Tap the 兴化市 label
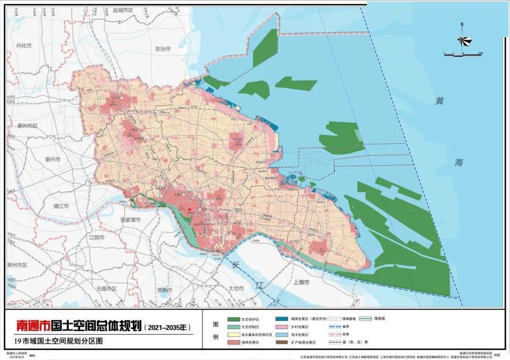coord(24,46)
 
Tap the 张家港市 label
coord(130,219)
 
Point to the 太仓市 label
coord(234,288)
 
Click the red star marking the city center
coord(189,209)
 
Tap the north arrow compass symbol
coord(462,40)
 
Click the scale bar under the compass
coord(462,55)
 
